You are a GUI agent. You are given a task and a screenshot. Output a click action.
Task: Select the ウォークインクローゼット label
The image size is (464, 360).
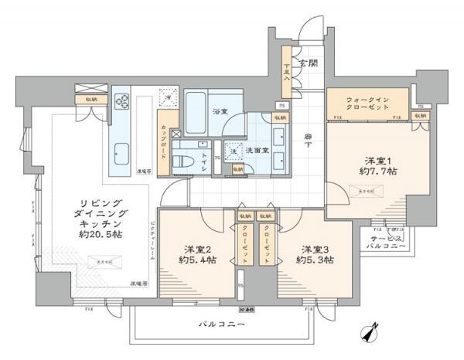pos(367,104)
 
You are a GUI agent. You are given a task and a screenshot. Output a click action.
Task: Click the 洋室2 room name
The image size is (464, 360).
pos(197,249)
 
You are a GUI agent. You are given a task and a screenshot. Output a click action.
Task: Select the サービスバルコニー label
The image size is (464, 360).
pos(392,243)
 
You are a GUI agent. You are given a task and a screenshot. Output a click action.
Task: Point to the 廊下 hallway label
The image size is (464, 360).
pos(306,138)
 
